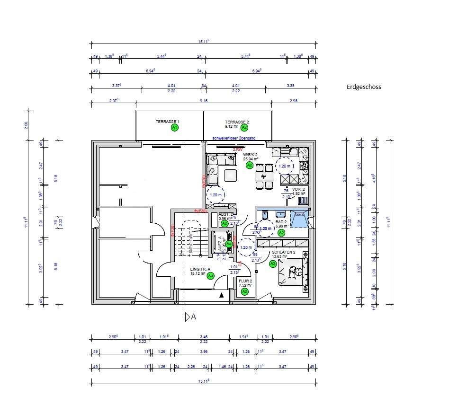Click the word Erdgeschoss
363,87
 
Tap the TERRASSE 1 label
167,122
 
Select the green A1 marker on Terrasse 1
175,128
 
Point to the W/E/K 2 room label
250,155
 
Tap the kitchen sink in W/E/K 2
290,152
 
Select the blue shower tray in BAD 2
298,220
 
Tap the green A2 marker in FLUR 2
245,292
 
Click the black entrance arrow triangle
221,295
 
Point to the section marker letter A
193,317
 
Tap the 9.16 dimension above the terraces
204,101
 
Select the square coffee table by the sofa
231,176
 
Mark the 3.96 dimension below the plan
204,351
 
